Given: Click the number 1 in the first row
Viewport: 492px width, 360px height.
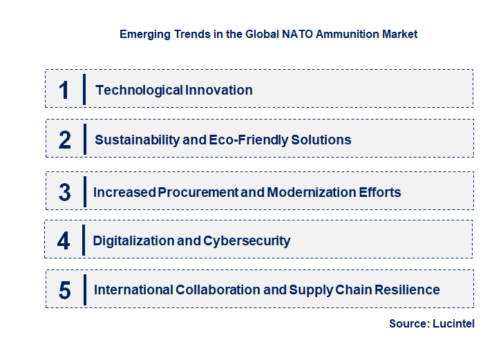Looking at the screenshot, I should pyautogui.click(x=64, y=90).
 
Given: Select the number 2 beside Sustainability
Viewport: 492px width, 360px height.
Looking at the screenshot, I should pyautogui.click(x=65, y=140).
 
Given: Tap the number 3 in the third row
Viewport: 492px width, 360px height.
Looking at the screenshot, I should pyautogui.click(x=65, y=192).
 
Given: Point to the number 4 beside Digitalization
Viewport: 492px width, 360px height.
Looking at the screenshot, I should pyautogui.click(x=64, y=241).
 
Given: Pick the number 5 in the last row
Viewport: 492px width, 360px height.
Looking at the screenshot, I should pyautogui.click(x=65, y=290).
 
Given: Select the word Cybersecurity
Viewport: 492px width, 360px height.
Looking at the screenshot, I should pyautogui.click(x=247, y=241).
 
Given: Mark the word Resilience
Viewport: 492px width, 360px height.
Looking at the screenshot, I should pyautogui.click(x=409, y=290).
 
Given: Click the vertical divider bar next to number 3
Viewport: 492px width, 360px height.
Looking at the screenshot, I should pyautogui.click(x=84, y=191).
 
